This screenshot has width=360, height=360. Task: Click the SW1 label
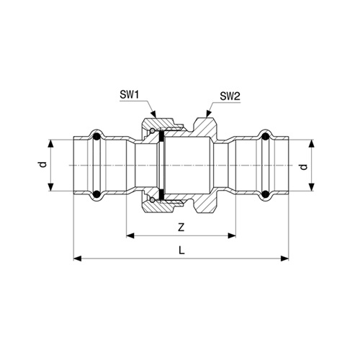tap(130, 95)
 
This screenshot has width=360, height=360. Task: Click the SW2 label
tap(230, 96)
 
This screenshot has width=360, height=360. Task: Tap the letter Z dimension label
tap(181, 227)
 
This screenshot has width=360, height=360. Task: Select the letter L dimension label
tap(181, 251)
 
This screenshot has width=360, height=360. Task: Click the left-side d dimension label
tap(42, 165)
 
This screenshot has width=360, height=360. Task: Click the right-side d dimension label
tap(304, 166)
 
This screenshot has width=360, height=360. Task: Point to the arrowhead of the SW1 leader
tap(154, 114)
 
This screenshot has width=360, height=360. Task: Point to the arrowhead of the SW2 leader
tap(208, 114)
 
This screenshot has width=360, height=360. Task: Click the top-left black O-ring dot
tap(96, 137)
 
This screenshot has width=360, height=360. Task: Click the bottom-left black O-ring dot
tap(96, 194)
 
